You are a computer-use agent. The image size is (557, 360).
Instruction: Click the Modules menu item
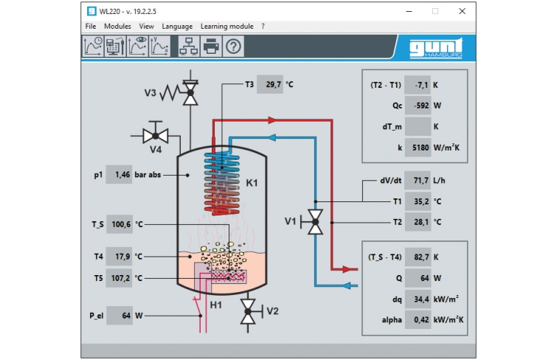pos(117,26)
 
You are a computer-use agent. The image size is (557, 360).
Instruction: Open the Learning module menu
pos(226,26)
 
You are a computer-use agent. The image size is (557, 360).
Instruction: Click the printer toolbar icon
pos(211,46)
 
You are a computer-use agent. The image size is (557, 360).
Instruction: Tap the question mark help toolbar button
pos(234,46)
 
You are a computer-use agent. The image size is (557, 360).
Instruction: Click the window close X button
pos(462,11)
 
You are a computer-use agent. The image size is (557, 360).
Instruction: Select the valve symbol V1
pos(316,221)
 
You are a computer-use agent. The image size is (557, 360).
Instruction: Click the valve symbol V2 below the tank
pos(248,312)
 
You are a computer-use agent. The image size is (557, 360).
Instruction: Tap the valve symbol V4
pos(155,135)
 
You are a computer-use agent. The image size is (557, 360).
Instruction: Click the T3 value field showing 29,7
pos(271,85)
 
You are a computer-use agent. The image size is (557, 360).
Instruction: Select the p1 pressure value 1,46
pos(120,175)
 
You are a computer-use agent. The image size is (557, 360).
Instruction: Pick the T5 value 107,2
pos(120,278)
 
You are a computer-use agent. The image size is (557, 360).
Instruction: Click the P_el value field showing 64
pos(120,316)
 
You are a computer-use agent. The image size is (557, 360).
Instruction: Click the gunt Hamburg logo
pos(436,48)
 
